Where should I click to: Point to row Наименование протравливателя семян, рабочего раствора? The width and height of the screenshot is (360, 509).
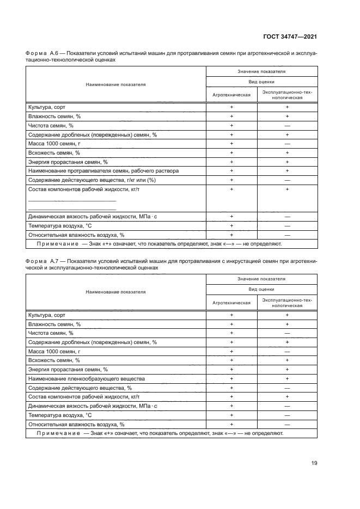pos(103,171)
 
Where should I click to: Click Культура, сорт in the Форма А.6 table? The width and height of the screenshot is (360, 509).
pos(46,107)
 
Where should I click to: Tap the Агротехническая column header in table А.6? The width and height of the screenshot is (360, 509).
pos(231,95)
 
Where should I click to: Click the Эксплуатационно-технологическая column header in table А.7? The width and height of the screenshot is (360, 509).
pos(287,303)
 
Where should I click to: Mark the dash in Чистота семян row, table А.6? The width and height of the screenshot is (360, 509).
pos(287,126)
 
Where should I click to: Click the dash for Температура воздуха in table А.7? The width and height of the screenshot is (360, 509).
pos(287,415)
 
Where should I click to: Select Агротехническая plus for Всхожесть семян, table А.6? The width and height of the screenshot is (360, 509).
pos(231,153)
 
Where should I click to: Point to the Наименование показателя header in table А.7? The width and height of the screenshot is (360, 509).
pos(115,292)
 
